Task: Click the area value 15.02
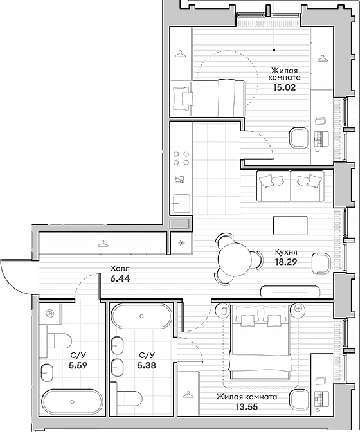[284, 87]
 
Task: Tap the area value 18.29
[286, 262]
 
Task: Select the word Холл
[120, 268]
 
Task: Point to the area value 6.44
[120, 278]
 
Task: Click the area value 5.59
[78, 365]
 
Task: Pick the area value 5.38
[147, 365]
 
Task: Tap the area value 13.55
[247, 407]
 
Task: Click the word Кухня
[286, 252]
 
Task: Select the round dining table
[235, 259]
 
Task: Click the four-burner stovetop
[181, 158]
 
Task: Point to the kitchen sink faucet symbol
[180, 179]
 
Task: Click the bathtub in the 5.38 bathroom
[141, 316]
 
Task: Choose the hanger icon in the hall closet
[102, 244]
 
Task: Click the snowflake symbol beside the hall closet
[181, 243]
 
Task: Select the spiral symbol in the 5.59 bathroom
[50, 313]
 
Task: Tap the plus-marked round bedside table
[298, 308]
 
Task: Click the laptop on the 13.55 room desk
[321, 399]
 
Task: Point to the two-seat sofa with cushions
[291, 186]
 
